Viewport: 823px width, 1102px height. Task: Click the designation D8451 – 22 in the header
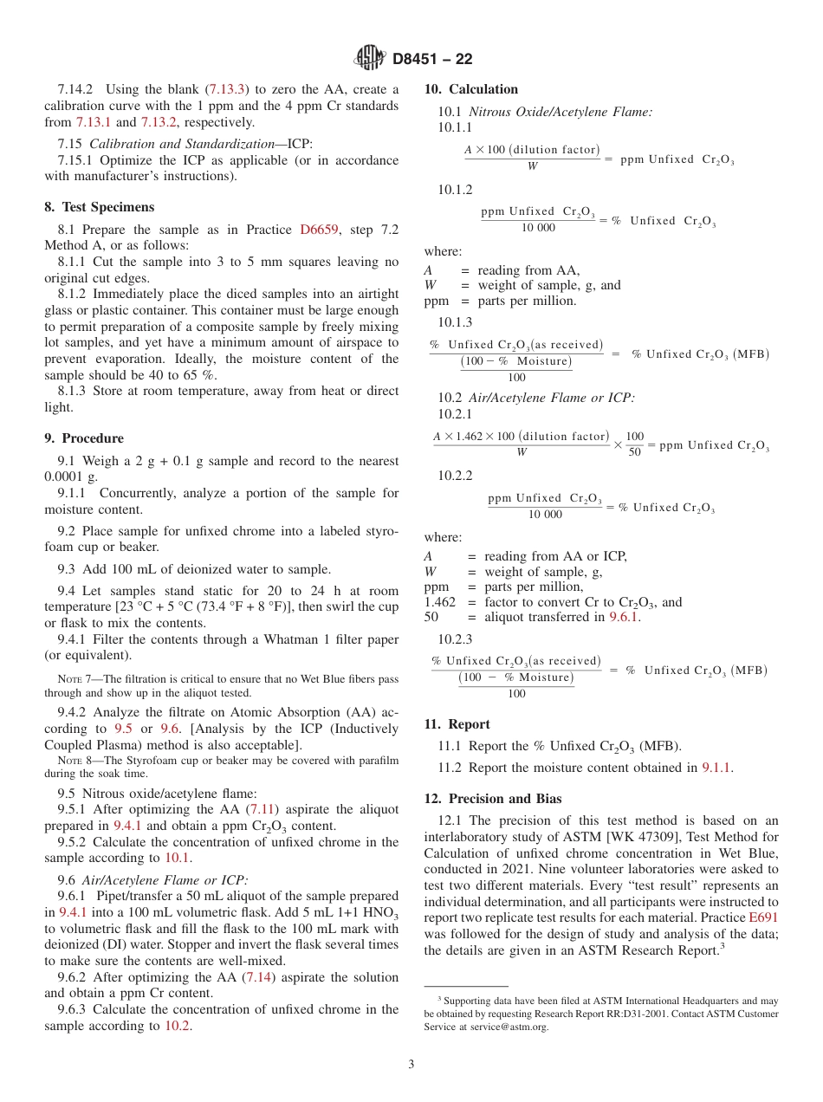[x=432, y=59]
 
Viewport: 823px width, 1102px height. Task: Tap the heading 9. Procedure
[x=84, y=438]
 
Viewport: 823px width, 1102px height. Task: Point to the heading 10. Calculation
[x=471, y=89]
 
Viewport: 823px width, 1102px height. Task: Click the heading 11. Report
[x=457, y=724]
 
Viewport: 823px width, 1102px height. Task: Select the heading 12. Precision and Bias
[x=493, y=799]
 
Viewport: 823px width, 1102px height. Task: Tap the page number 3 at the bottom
[x=411, y=1064]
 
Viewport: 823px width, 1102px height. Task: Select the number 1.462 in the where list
[x=439, y=602]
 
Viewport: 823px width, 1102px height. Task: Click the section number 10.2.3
[x=455, y=639]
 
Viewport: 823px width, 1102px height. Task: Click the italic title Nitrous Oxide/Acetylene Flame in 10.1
[x=561, y=112]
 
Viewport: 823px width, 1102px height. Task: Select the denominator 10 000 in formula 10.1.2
[x=538, y=228]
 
